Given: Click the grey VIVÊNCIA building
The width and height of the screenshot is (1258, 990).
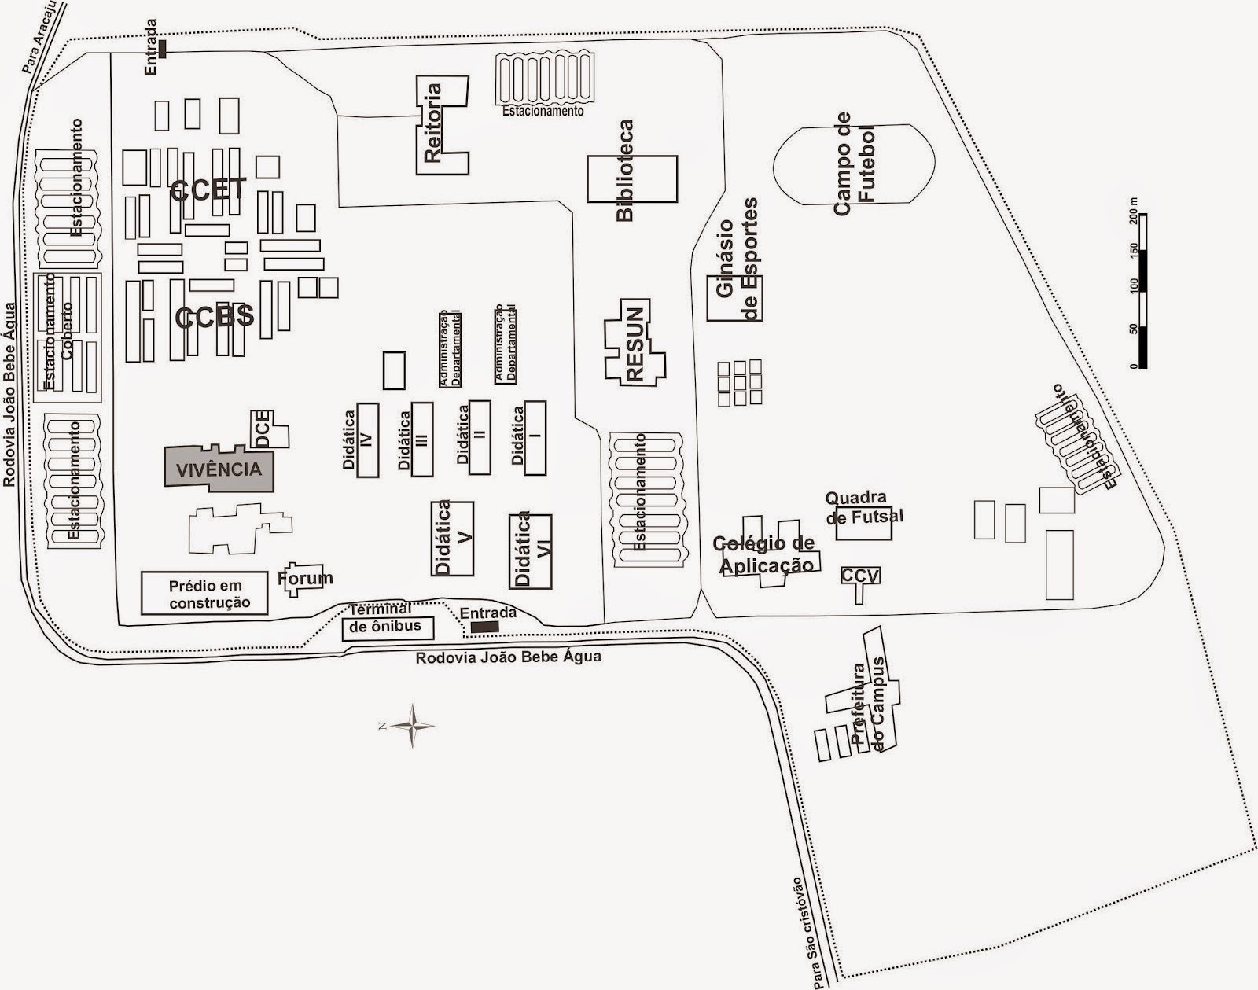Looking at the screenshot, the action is click(x=219, y=469).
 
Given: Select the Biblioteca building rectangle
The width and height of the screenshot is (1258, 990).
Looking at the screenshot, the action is click(x=632, y=179).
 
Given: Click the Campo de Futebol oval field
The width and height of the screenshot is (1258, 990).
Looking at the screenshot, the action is click(x=854, y=164).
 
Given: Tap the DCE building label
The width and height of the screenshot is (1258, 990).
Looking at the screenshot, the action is click(x=263, y=429).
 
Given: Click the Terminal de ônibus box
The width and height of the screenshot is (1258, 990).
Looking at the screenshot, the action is click(x=388, y=628).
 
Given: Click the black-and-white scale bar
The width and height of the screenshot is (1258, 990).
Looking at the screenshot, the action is click(x=1142, y=291).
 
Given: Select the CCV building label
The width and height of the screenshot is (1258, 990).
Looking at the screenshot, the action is click(x=860, y=576).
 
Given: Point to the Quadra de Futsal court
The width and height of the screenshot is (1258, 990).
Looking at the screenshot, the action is click(x=863, y=523).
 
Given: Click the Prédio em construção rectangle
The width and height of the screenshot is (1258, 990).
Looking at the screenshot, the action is click(x=204, y=593).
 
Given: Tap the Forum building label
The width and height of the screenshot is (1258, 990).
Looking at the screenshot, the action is click(x=305, y=578).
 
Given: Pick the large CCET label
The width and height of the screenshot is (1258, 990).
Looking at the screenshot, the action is click(x=208, y=190).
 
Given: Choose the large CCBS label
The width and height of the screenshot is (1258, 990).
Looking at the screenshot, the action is click(x=215, y=316).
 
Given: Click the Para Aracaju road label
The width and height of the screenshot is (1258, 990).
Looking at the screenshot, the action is click(x=42, y=38).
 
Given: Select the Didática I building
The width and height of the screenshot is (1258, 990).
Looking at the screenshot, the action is click(x=535, y=437).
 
